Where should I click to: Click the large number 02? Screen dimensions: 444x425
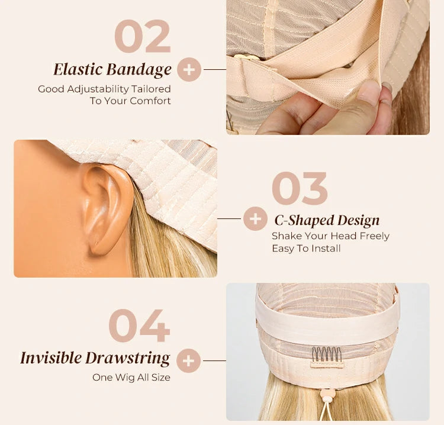pyautogui.click(x=143, y=36)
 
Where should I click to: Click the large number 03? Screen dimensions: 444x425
pyautogui.click(x=300, y=188)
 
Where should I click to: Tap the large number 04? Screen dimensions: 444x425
pyautogui.click(x=139, y=326)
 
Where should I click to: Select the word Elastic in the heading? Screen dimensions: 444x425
pyautogui.click(x=78, y=69)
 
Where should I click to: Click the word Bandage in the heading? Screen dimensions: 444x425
pyautogui.click(x=139, y=70)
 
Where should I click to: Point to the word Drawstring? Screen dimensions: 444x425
pyautogui.click(x=128, y=359)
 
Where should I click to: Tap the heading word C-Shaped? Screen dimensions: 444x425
pyautogui.click(x=304, y=221)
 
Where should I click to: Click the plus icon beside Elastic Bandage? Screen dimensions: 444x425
pyautogui.click(x=189, y=70)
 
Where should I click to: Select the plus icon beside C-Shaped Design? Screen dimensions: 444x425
pyautogui.click(x=255, y=218)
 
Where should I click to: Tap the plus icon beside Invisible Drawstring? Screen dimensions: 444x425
pyautogui.click(x=189, y=360)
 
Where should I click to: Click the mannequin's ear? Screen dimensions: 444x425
pyautogui.click(x=107, y=209)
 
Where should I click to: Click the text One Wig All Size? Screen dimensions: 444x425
pyautogui.click(x=131, y=378)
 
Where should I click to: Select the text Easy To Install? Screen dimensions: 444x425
pyautogui.click(x=306, y=249)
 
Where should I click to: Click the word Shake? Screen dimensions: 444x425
pyautogui.click(x=286, y=236)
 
